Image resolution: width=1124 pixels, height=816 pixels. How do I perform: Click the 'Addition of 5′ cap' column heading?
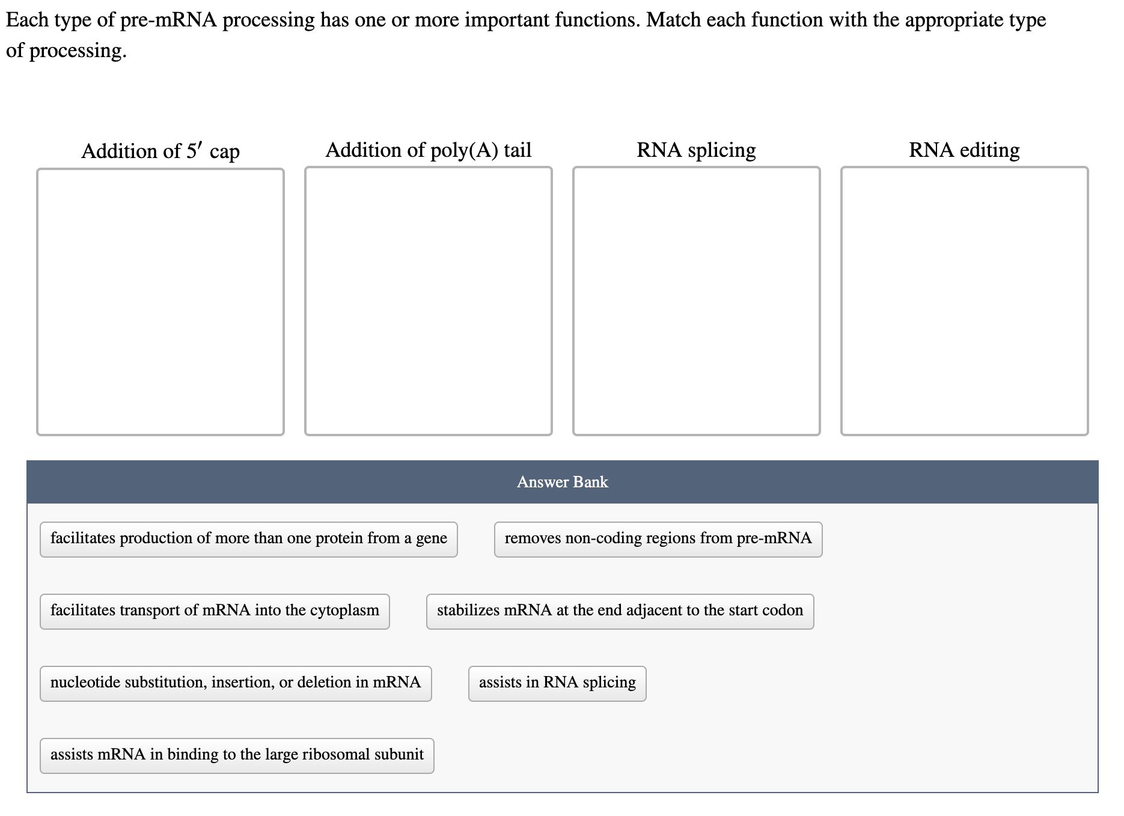[x=160, y=151]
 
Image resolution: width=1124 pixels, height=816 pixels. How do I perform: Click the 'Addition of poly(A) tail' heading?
[x=428, y=150]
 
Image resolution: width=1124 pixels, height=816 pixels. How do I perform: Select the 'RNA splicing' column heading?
[x=696, y=150]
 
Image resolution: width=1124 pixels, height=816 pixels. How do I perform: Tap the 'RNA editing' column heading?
[x=964, y=150]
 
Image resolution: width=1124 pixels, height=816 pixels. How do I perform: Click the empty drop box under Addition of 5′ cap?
[x=160, y=302]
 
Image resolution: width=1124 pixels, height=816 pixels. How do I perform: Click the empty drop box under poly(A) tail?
[x=428, y=301]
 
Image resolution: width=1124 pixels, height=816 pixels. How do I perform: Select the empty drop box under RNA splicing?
[x=696, y=301]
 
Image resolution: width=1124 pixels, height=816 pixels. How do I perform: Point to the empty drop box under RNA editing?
[x=964, y=301]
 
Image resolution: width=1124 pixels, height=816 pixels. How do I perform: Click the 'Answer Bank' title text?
[x=562, y=482]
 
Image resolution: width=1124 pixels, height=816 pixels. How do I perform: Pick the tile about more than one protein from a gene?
[x=248, y=539]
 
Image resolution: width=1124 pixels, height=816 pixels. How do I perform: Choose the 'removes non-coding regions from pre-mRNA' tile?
[x=658, y=539]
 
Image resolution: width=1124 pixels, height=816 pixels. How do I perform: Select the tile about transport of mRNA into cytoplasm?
[x=215, y=611]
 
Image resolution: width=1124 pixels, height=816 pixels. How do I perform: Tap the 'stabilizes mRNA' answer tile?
[x=620, y=611]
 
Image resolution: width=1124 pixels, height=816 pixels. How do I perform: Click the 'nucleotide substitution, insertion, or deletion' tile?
[x=236, y=683]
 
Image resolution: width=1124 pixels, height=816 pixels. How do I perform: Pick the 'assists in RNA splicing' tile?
[x=557, y=683]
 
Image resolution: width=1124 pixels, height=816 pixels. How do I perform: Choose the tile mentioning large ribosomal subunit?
[x=237, y=755]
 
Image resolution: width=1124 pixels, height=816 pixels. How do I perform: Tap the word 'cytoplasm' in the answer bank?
[x=344, y=611]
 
